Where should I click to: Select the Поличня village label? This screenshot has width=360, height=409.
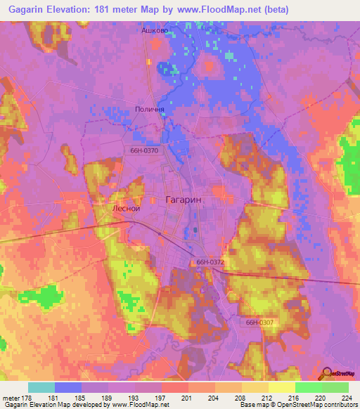(149, 110)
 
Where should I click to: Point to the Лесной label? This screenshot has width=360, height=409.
(127, 209)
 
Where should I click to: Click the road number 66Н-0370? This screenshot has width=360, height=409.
(143, 150)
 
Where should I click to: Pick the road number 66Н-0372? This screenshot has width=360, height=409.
(210, 262)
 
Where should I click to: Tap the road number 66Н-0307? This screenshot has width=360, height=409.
(260, 323)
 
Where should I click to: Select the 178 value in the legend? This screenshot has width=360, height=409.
(28, 398)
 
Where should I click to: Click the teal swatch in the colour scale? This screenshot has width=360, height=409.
(41, 387)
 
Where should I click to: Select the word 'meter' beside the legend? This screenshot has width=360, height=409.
(11, 398)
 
